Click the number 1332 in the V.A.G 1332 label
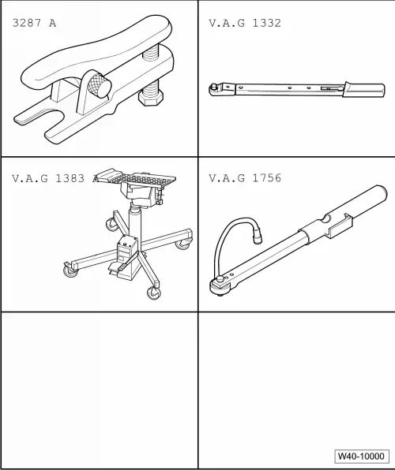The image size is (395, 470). (x=265, y=23)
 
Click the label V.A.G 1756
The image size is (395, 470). (x=244, y=178)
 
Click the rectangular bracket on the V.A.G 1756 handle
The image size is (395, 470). (x=340, y=227)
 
